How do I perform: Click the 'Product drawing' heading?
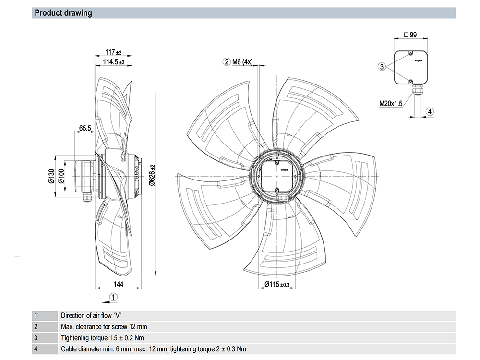pos(63,13)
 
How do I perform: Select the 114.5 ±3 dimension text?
pos(114,62)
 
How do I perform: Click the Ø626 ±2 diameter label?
pos(152,176)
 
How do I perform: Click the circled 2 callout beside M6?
pos(226,62)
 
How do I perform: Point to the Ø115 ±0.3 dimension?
pos(277,285)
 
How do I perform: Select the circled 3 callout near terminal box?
pos(382,67)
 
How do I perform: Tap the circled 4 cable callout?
pos(430,112)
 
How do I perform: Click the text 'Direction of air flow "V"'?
pos(91,316)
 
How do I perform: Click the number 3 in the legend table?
pos(36,338)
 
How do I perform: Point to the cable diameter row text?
pos(154,349)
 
